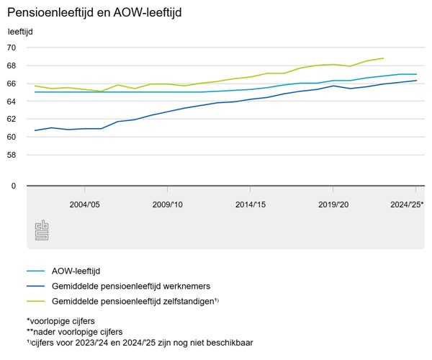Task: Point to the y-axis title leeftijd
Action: [20, 32]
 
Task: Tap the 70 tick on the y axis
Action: [12, 48]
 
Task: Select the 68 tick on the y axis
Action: [12, 66]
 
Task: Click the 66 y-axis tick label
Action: [12, 84]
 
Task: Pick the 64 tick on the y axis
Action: [12, 102]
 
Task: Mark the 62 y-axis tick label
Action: [12, 119]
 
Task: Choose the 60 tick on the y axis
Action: [12, 137]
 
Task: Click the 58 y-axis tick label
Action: [12, 155]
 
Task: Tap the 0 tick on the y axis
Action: [13, 186]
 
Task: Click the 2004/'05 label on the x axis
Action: [85, 205]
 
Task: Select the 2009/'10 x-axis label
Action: [168, 205]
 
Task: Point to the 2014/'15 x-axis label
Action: [251, 205]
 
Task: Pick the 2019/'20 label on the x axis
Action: [333, 205]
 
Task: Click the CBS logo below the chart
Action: [42, 231]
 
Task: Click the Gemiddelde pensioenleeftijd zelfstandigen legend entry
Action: [134, 300]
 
